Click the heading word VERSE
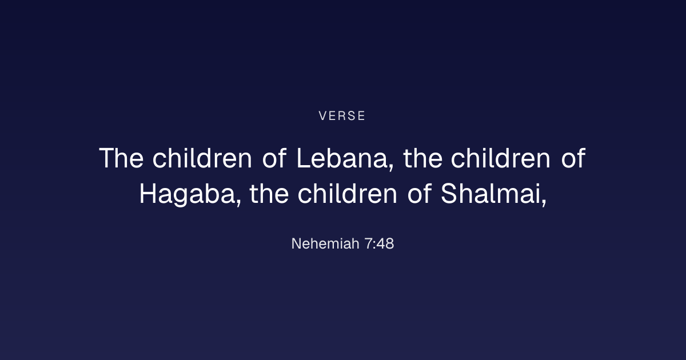pos(342,115)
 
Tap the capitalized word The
pos(121,158)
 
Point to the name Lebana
pos(342,158)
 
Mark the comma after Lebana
pos(391,167)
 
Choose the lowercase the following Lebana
pos(422,158)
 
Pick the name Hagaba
pos(188,195)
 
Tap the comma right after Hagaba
pos(239,203)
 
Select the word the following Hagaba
pos(269,194)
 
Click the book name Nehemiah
pos(325,243)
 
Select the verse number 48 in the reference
pos(385,244)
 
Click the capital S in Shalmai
pos(448,193)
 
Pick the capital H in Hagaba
pos(148,194)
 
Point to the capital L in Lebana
pos(304,158)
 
